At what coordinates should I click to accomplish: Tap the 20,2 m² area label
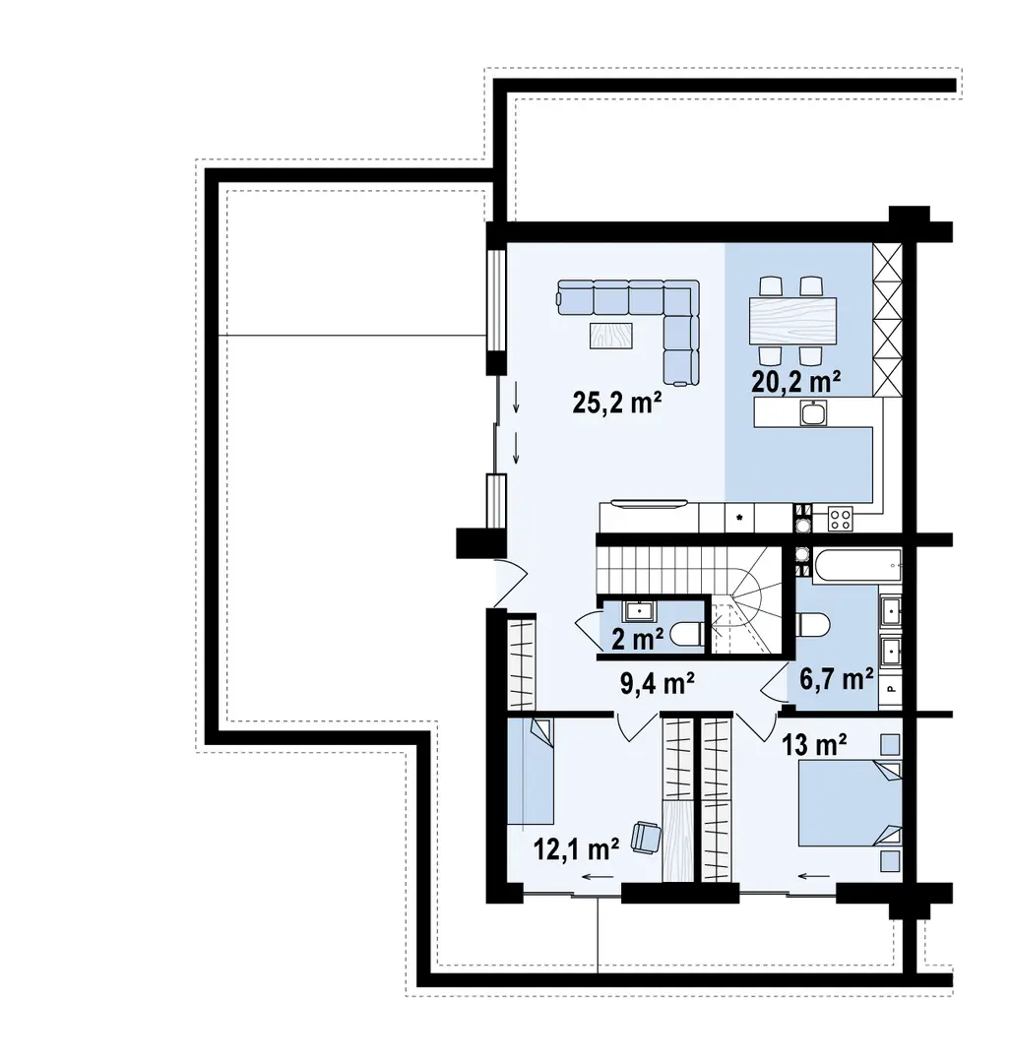pos(795,381)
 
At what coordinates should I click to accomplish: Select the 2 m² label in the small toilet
pos(637,638)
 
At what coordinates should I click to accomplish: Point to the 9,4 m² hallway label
pos(657,683)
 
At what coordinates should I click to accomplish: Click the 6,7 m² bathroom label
pos(837,678)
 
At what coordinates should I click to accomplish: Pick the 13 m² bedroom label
pos(814,746)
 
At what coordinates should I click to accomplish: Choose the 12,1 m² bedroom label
pos(576,848)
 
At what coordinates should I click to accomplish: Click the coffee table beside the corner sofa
pos(611,335)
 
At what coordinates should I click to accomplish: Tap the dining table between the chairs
pos(792,321)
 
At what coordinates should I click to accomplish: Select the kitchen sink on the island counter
pos(813,412)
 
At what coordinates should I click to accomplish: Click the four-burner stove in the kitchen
pos(841,520)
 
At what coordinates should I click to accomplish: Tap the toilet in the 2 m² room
pos(687,635)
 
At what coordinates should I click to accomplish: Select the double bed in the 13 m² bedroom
pos(850,803)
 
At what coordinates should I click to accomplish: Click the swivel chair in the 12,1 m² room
pos(646,837)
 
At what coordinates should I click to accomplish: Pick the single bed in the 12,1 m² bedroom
pos(531,771)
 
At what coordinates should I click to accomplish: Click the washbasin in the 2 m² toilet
pos(639,610)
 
